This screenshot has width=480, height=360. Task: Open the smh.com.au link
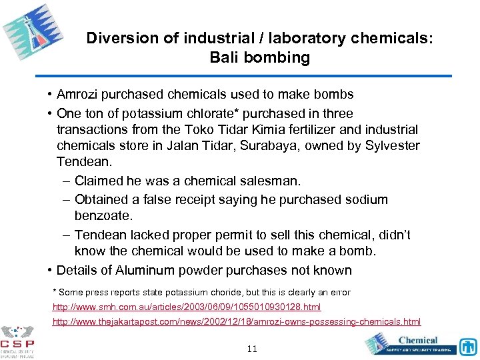coord(187,307)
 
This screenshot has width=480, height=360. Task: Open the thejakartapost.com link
coord(237,321)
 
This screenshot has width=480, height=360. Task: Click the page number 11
coord(252,349)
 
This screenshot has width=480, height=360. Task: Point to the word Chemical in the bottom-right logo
coord(418,340)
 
